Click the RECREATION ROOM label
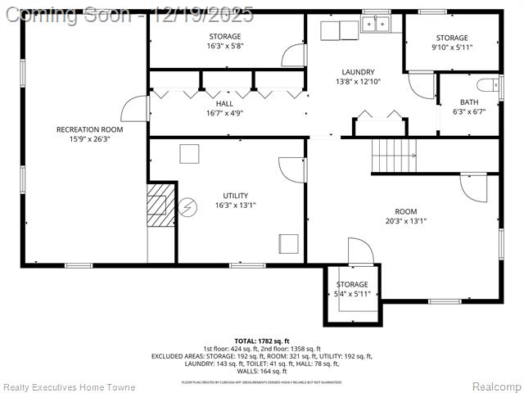(x=89, y=129)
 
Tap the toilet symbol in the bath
(x=490, y=84)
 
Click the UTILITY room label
(x=235, y=195)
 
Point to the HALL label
(x=224, y=104)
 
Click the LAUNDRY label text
(x=358, y=72)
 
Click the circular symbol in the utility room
(x=188, y=207)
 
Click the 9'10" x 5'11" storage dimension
(x=452, y=47)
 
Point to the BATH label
(x=468, y=102)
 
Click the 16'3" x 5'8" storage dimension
(x=224, y=47)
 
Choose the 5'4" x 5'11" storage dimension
(x=352, y=294)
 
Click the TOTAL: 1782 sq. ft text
(x=262, y=341)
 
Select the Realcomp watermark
(x=496, y=386)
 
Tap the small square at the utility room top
(x=190, y=154)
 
